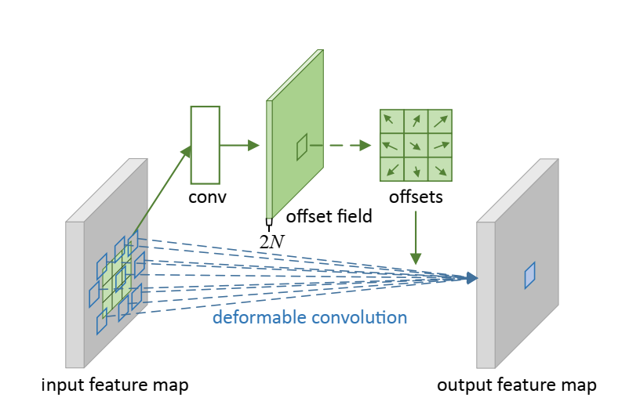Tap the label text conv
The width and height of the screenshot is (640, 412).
click(207, 197)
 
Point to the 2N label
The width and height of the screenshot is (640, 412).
click(272, 241)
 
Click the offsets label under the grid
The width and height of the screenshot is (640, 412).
click(416, 197)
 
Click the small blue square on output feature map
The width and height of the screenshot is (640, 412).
click(529, 275)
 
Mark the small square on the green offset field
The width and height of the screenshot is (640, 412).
click(302, 146)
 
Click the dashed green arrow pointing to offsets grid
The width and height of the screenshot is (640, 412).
click(346, 145)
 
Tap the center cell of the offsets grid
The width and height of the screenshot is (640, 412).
click(416, 145)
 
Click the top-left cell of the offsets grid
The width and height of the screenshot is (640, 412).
click(391, 121)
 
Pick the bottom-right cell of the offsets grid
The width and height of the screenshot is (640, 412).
click(440, 169)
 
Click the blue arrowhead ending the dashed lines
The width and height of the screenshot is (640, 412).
click(471, 277)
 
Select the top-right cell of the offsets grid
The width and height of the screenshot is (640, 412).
click(440, 121)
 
